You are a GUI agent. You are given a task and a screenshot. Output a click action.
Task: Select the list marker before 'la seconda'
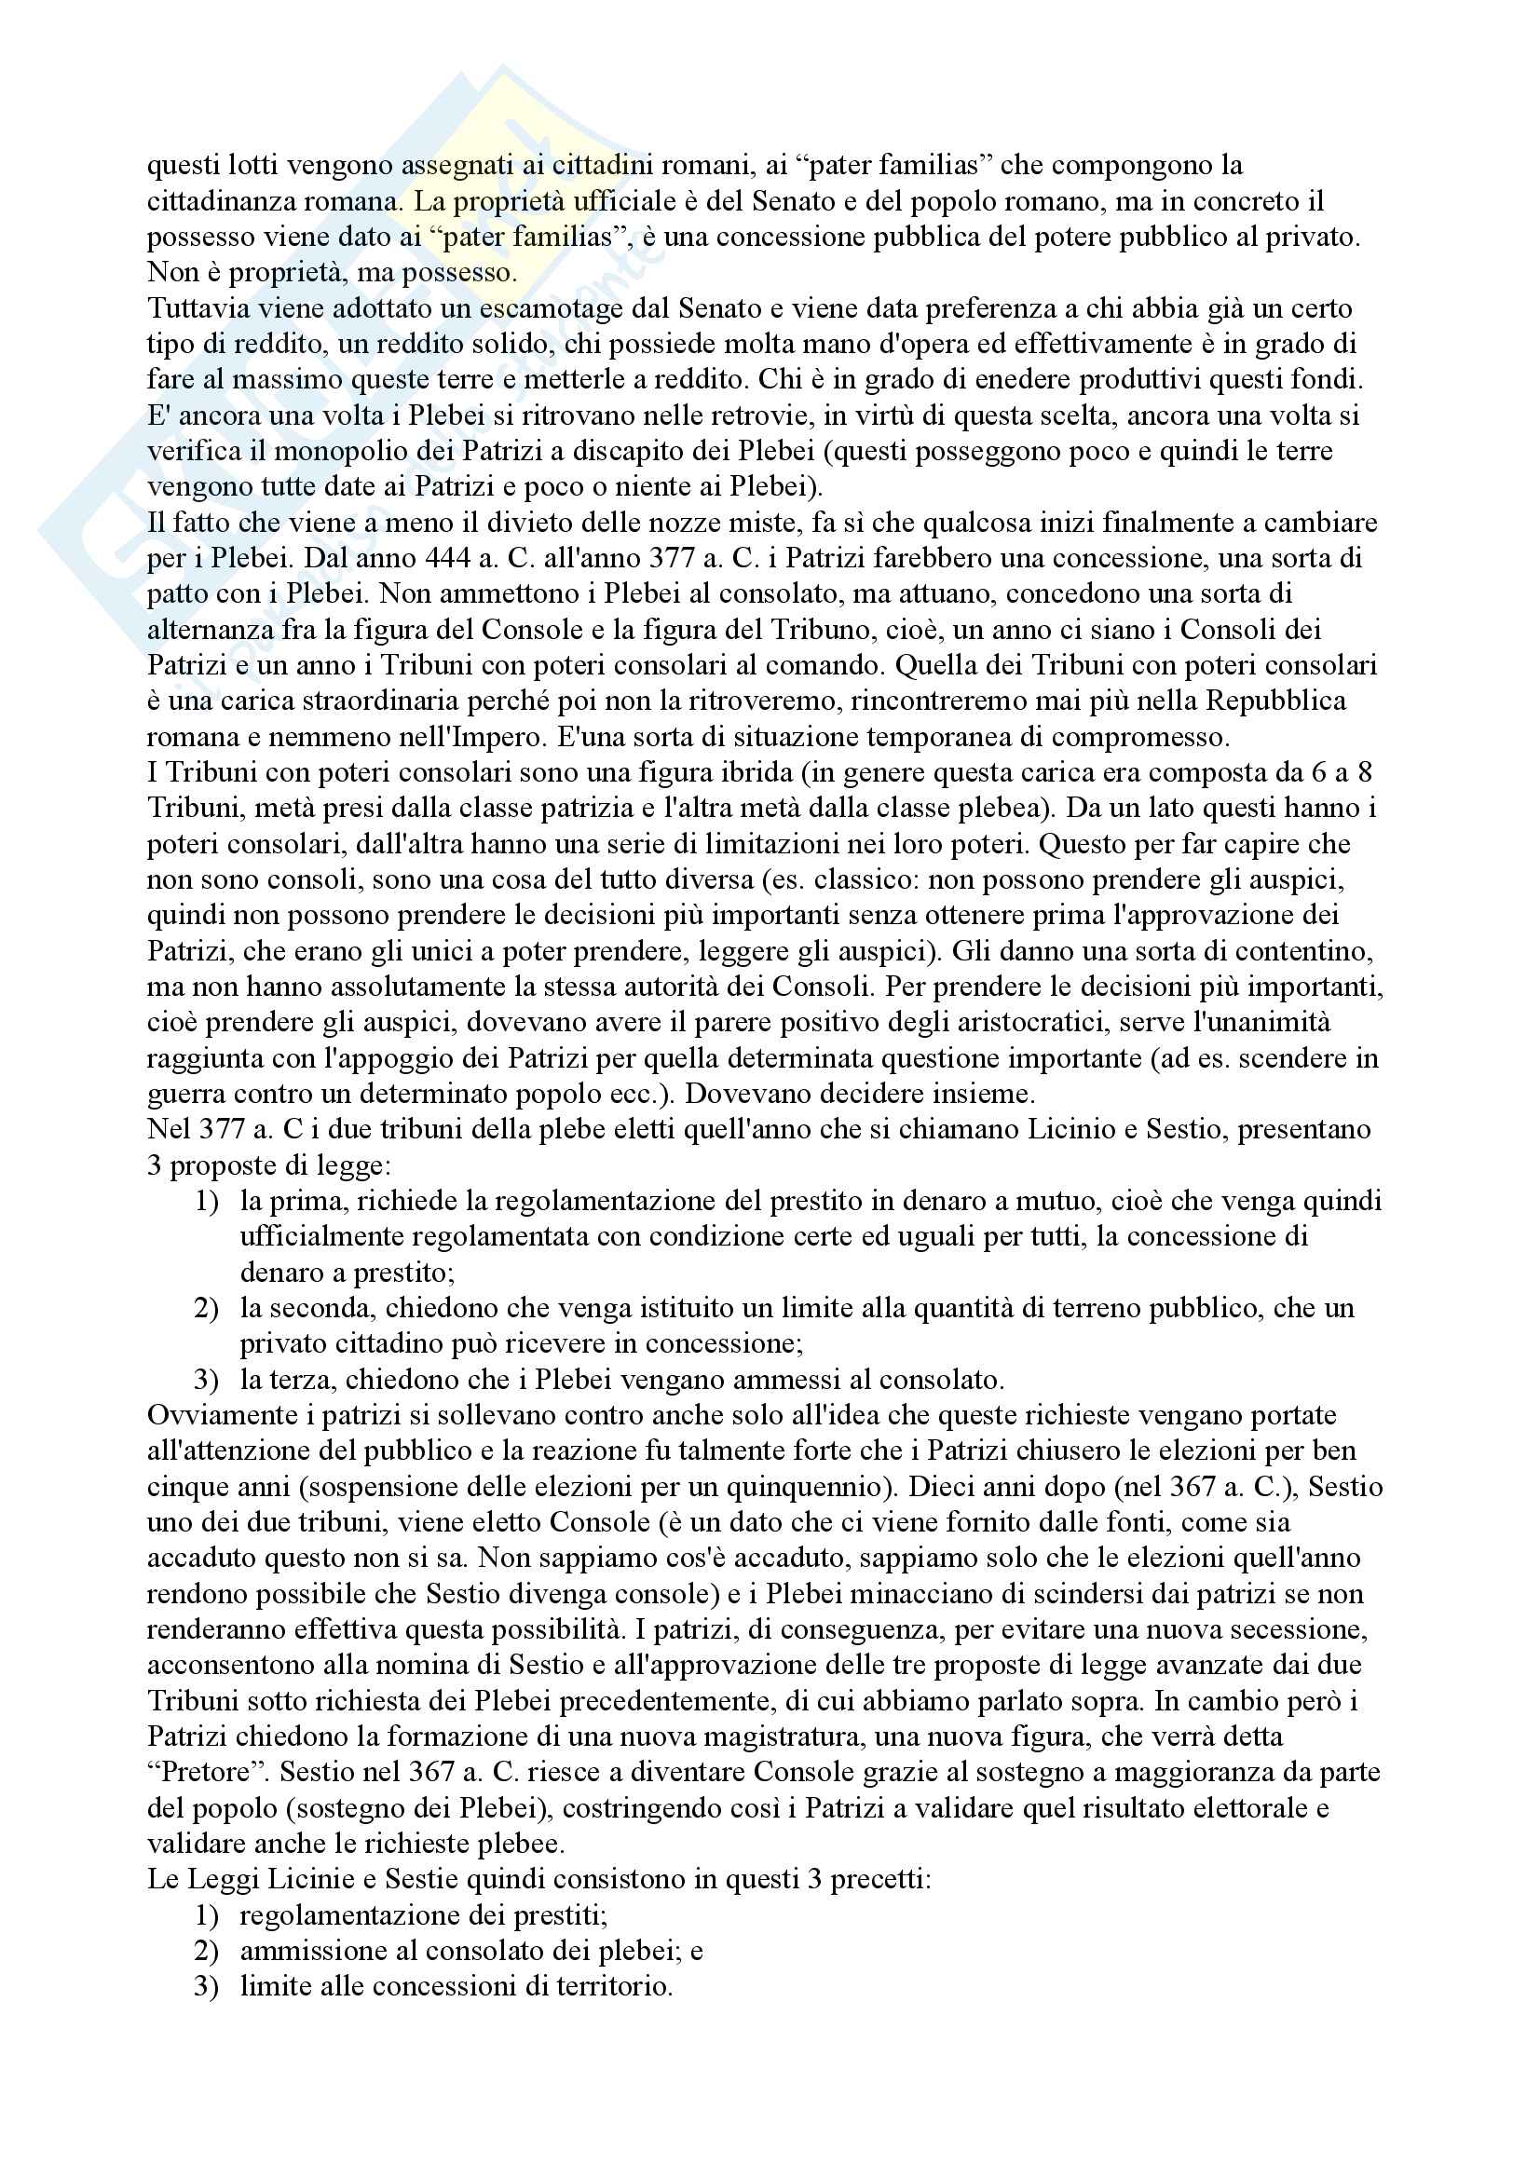point(206,1309)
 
